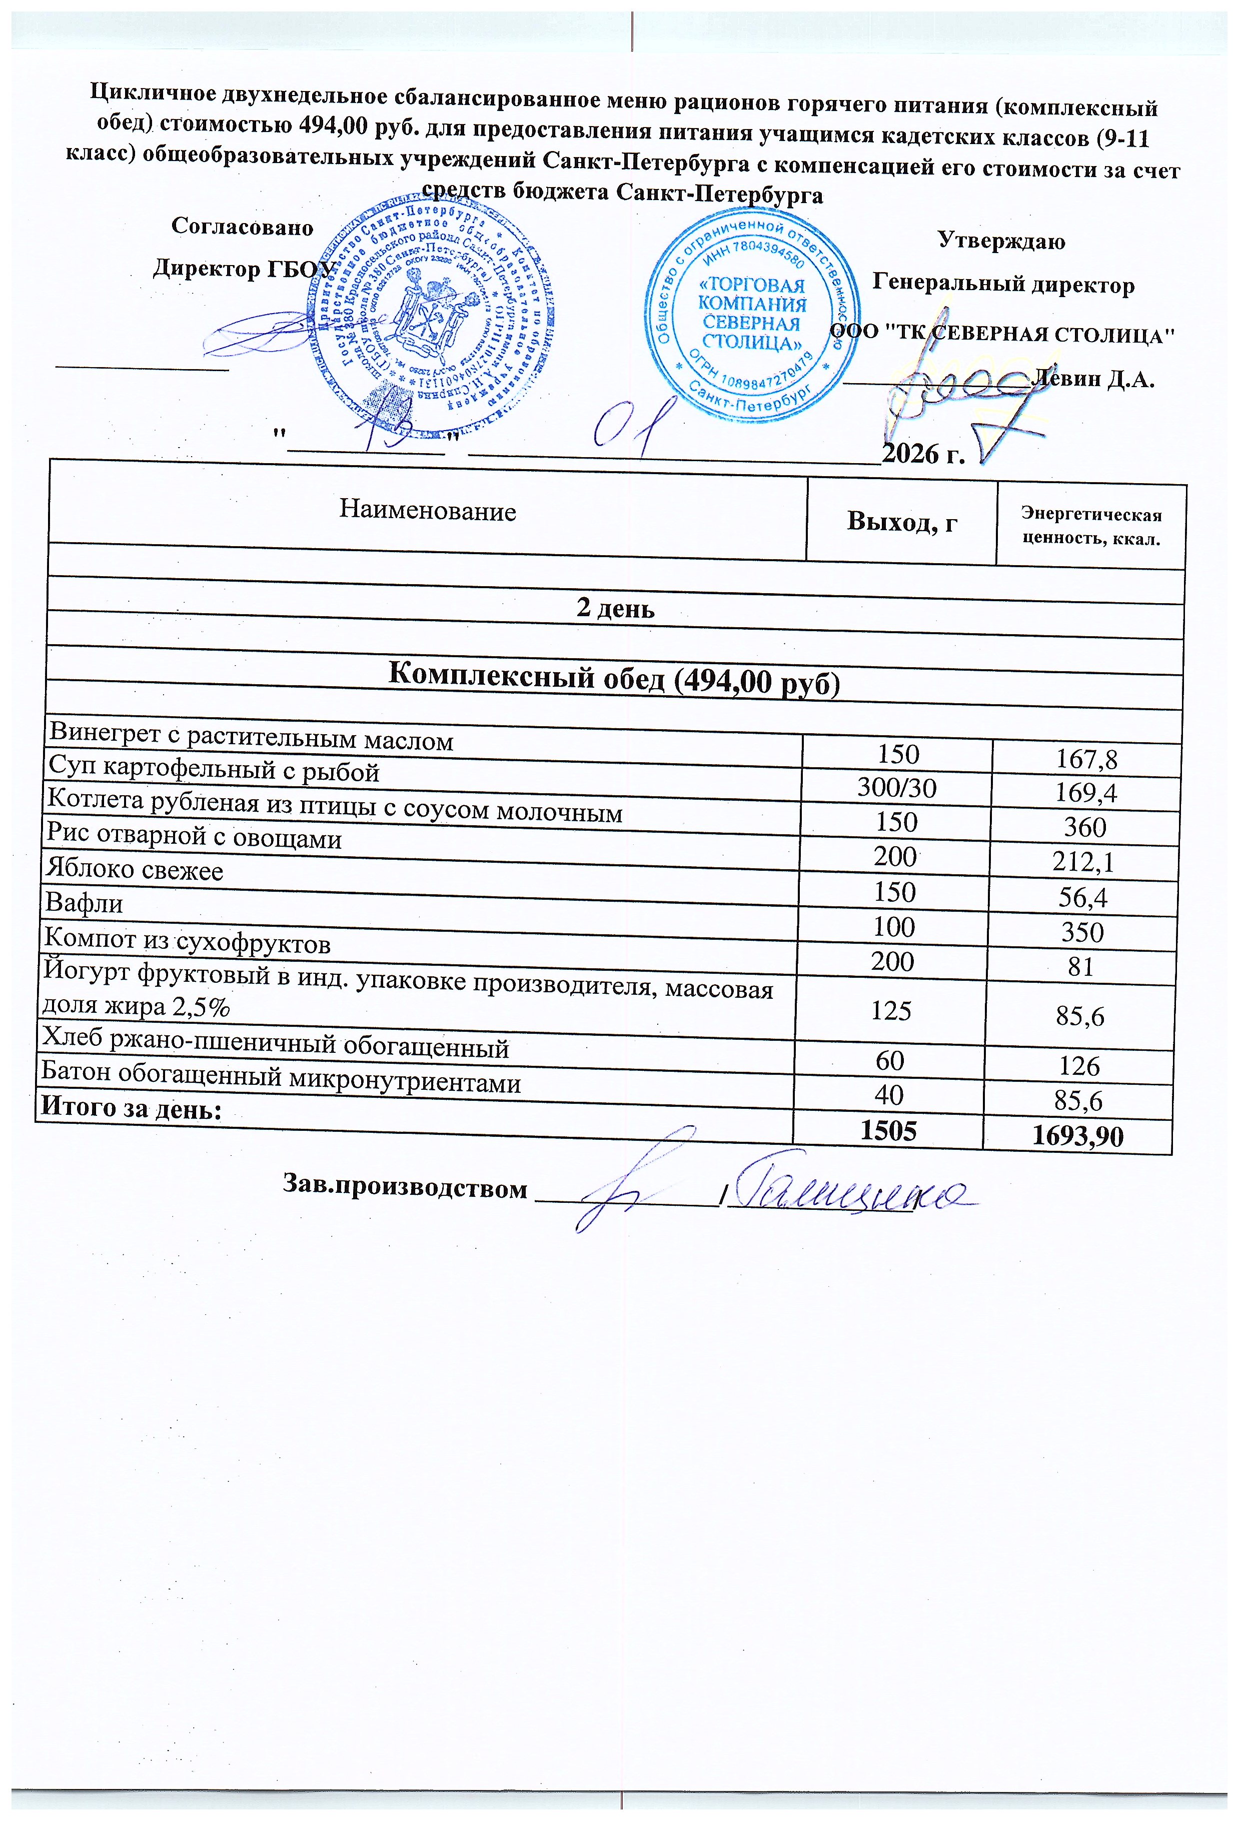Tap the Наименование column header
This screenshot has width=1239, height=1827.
(x=428, y=511)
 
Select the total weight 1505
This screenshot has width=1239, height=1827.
(x=888, y=1130)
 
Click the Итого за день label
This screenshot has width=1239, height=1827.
(x=131, y=1108)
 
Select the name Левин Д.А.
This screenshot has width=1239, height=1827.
(x=1095, y=381)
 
